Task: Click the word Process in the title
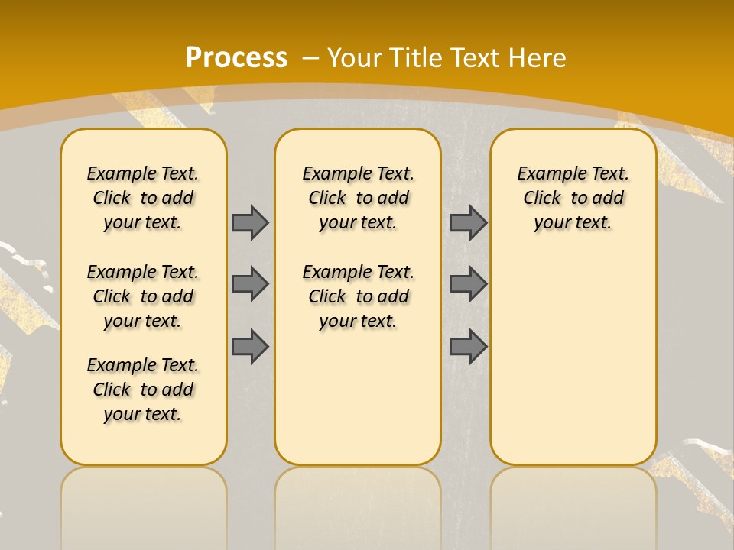(236, 57)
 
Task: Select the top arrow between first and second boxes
(250, 222)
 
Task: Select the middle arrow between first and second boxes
(250, 284)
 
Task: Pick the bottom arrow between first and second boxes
(250, 346)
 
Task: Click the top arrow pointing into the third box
(468, 222)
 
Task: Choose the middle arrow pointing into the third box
(468, 284)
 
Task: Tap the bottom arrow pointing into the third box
(468, 346)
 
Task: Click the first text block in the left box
(143, 198)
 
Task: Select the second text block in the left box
(143, 296)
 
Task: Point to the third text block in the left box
(143, 390)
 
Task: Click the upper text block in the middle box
(358, 198)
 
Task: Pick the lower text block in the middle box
(358, 296)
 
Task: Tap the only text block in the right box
(573, 198)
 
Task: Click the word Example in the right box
(546, 174)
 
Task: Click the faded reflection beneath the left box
(144, 504)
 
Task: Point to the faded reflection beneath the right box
(573, 504)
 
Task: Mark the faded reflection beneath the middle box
(358, 504)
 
